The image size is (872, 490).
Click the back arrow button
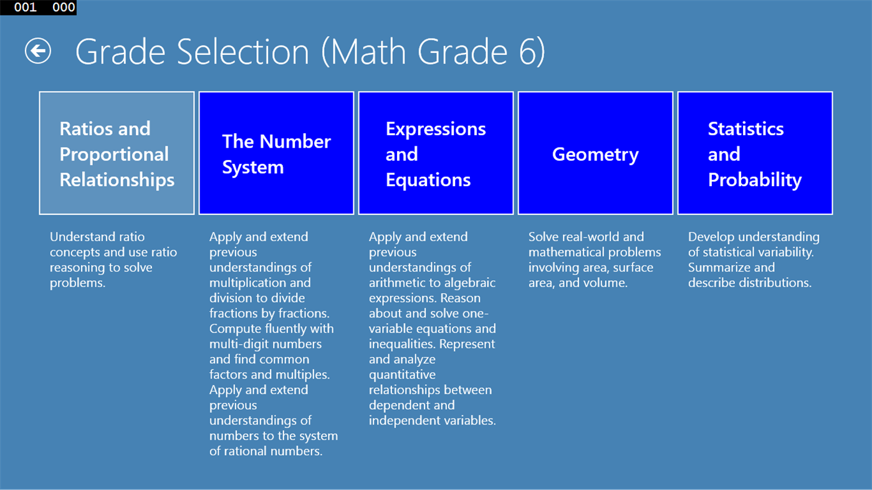[38, 51]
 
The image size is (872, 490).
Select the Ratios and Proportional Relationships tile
[117, 153]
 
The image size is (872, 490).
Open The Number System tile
[276, 153]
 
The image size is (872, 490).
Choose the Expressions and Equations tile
[436, 153]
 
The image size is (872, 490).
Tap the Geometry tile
[595, 153]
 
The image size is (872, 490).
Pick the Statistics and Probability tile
[755, 153]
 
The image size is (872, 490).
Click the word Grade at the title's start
[121, 52]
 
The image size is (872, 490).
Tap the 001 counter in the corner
[25, 7]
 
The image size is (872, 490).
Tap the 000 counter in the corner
[64, 7]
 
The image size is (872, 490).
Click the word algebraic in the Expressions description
[470, 283]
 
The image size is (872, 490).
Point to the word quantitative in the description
[402, 374]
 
